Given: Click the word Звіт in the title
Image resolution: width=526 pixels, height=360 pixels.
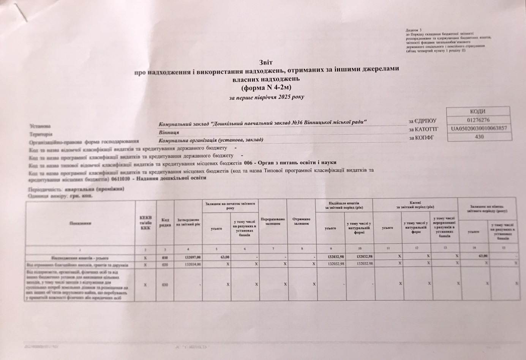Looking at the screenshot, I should (266, 62).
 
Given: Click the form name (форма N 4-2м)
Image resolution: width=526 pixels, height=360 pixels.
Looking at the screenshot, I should (265, 88).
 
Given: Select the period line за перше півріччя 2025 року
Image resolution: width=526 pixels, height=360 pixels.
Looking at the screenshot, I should (266, 97).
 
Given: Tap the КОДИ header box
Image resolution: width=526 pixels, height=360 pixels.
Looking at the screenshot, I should (477, 112).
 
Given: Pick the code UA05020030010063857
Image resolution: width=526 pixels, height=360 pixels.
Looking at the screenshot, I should (479, 128).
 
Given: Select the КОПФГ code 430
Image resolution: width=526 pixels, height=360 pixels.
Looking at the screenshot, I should (479, 137).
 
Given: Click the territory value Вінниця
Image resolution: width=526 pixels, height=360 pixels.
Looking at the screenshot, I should (169, 133).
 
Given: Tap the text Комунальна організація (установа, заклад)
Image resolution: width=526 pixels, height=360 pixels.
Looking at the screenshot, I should (211, 140).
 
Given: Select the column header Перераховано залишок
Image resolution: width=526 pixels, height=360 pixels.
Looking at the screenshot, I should (273, 221).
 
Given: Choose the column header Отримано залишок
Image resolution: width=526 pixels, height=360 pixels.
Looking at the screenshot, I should (301, 221).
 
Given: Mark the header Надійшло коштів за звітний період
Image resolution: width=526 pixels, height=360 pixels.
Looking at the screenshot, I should (344, 205).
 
